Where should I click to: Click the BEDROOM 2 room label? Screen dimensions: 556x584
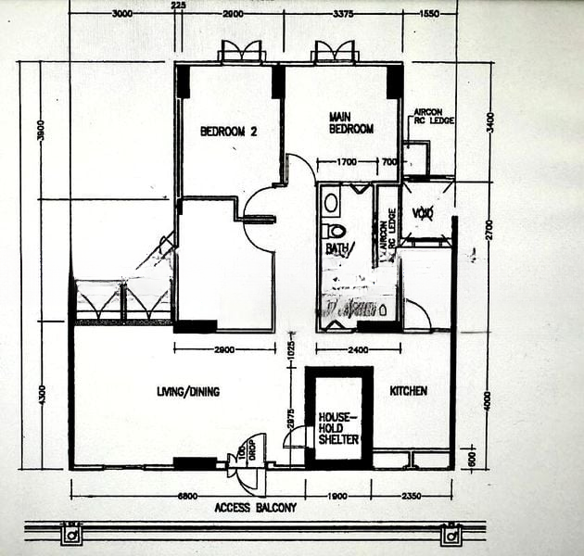(x=228, y=132)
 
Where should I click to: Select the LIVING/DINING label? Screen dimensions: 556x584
(x=188, y=392)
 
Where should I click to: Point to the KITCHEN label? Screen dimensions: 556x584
(x=408, y=391)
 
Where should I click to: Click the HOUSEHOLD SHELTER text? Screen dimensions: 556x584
(x=337, y=428)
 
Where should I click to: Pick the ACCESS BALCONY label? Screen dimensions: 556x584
(x=255, y=508)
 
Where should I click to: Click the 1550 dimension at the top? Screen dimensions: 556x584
(x=428, y=13)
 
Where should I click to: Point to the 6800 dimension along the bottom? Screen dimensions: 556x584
(x=188, y=496)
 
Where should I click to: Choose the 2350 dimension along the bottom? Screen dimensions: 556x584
(x=412, y=496)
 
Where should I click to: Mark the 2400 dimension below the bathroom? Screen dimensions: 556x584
(x=356, y=350)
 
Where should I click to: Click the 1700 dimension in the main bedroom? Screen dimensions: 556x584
(x=347, y=163)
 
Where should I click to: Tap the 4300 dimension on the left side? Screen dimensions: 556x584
(x=40, y=394)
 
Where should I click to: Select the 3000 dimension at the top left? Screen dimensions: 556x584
(x=121, y=13)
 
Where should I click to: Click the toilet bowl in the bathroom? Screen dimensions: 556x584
(x=335, y=230)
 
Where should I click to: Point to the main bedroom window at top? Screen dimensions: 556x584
(x=335, y=52)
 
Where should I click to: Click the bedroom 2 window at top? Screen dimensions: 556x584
(x=242, y=52)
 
